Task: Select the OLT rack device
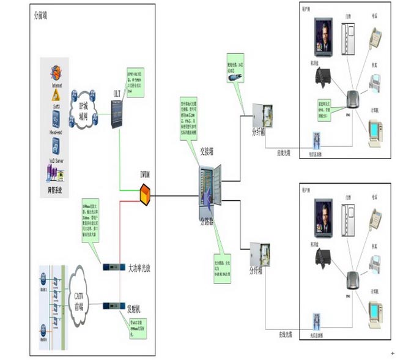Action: [118, 113]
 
